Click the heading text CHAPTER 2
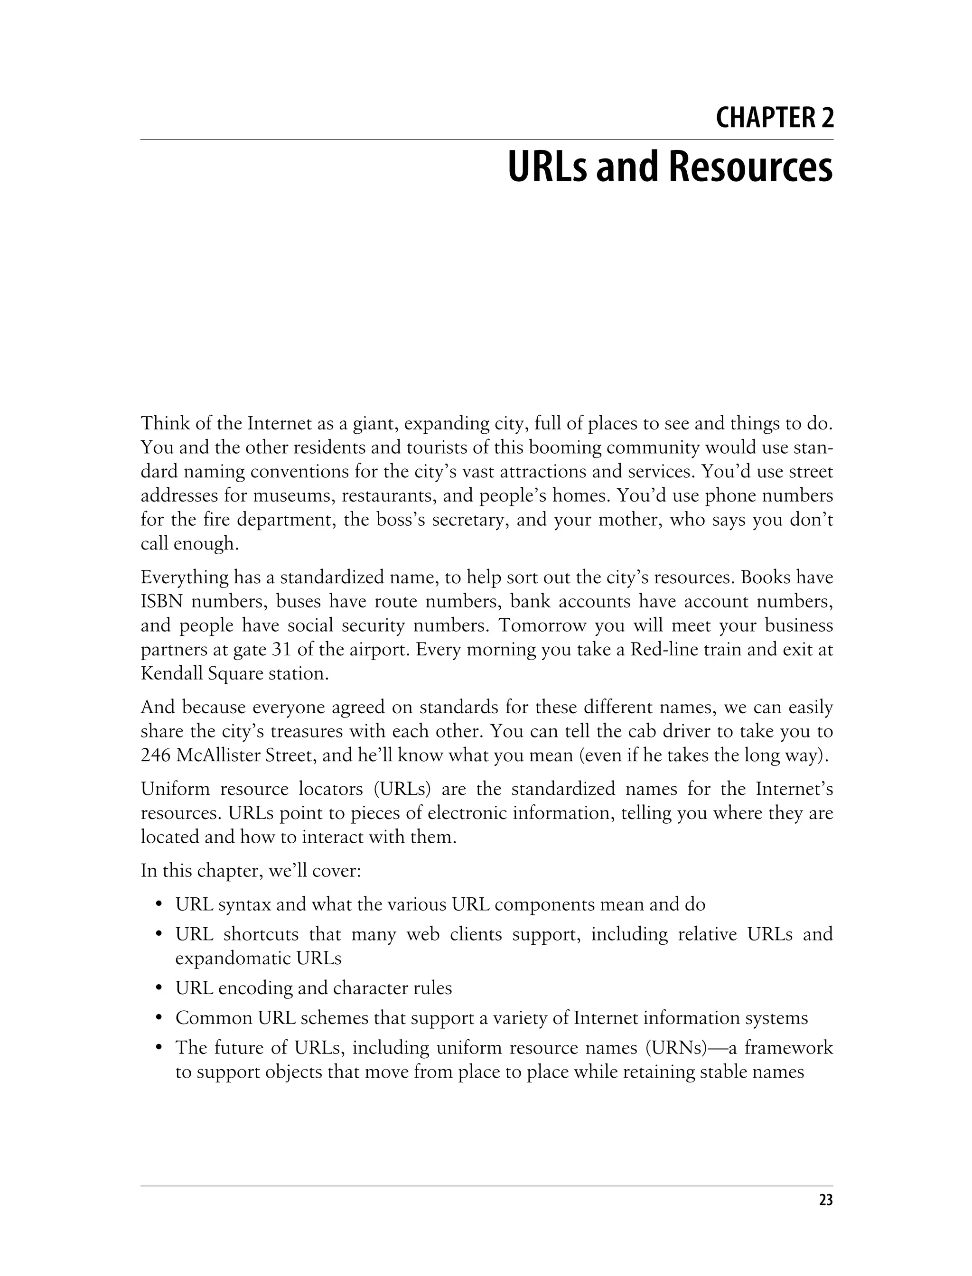pos(774,118)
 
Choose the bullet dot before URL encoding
pos(159,988)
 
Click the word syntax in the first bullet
pos(244,904)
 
